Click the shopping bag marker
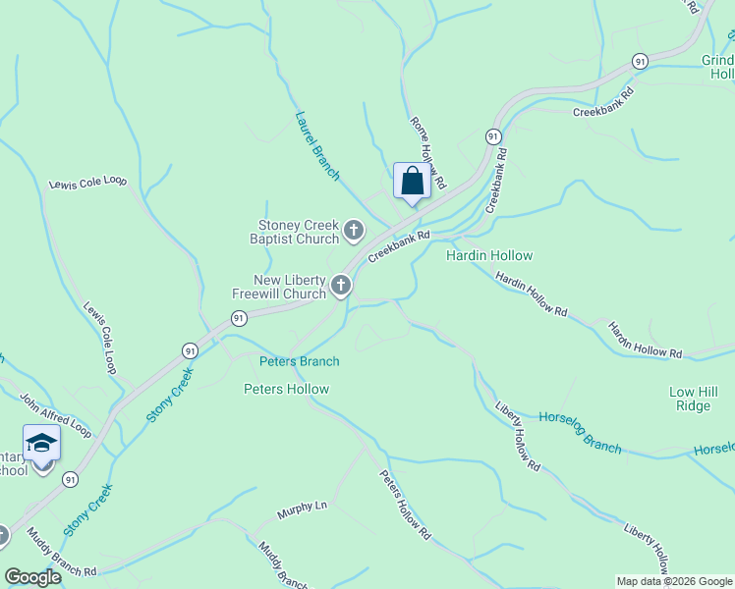coord(412,183)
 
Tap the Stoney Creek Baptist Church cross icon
coord(354,233)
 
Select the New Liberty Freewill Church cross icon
coord(340,286)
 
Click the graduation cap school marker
coord(41,445)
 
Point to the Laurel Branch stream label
coord(316,145)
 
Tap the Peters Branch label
coord(299,361)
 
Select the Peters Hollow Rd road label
coord(405,506)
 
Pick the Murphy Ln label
coord(301,509)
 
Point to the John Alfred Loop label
coord(55,416)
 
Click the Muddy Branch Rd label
coord(61,555)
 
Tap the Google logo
coord(32,577)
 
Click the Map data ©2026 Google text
coord(674,581)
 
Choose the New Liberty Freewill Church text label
coord(290,287)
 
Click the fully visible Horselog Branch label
coord(580,432)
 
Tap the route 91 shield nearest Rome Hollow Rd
coord(492,136)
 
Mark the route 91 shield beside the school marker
coord(70,479)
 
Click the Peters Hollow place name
coord(286,389)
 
